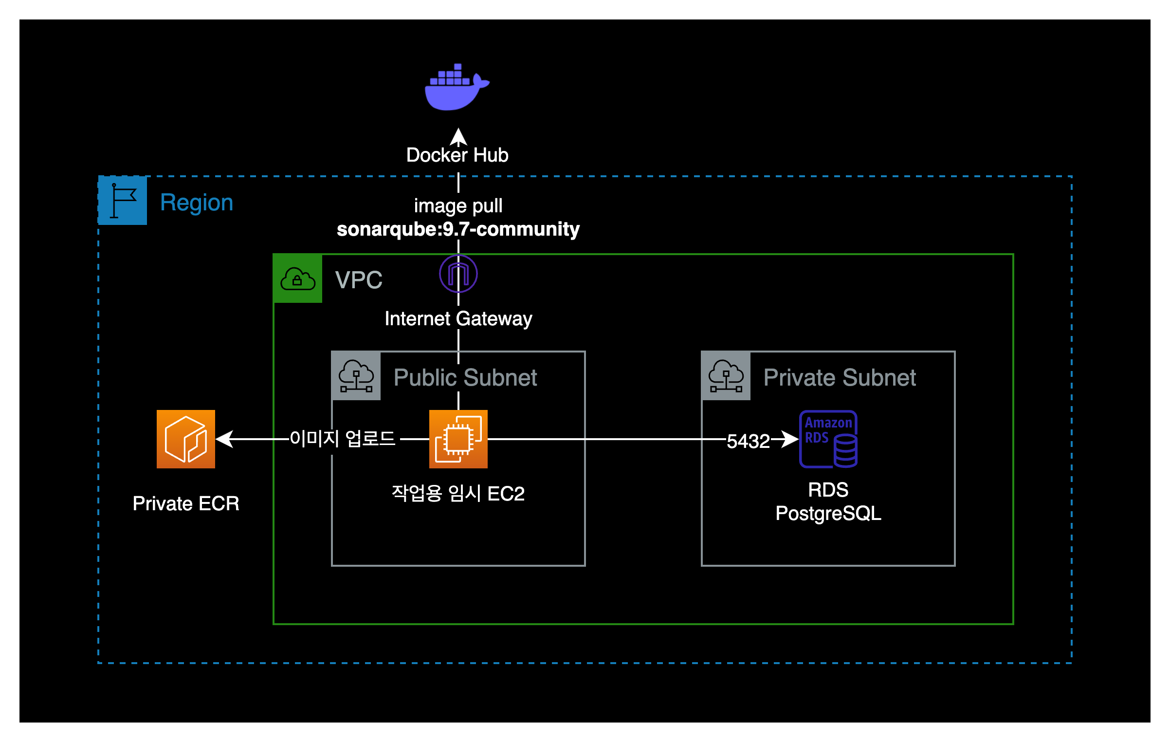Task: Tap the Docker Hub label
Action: pos(457,155)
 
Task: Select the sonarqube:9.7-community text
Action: pos(458,229)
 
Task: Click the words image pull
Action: pos(458,205)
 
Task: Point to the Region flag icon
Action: pos(123,201)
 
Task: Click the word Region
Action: pos(197,203)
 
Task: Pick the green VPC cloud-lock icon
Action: pos(298,278)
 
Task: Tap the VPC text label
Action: pos(359,280)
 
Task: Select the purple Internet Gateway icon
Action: pos(458,274)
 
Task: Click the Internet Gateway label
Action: pos(458,318)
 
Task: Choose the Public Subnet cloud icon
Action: pos(356,376)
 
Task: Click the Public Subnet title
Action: pos(465,377)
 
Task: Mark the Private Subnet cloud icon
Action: pos(726,376)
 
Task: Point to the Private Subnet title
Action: pos(840,377)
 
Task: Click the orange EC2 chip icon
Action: pos(458,439)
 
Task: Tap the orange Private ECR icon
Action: pos(186,439)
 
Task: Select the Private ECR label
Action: pos(186,503)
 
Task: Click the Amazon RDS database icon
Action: pos(828,439)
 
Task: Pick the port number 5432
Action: pos(748,441)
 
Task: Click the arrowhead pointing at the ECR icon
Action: pos(224,439)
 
